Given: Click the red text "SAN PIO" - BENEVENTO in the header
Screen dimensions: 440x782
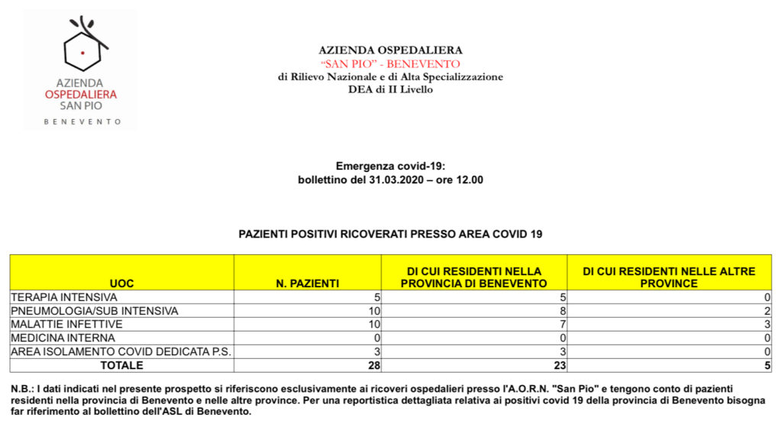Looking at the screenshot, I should point(390,63).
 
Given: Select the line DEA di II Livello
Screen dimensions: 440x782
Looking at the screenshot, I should point(390,89).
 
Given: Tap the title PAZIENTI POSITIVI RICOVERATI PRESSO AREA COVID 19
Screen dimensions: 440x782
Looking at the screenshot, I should point(390,234).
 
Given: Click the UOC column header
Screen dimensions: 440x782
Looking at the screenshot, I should point(121,283).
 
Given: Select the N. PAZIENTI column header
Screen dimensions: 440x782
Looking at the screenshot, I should point(307,283).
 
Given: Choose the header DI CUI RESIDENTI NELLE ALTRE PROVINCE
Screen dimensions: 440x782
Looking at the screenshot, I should point(669,277).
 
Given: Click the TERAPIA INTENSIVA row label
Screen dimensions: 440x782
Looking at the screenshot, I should point(64,297).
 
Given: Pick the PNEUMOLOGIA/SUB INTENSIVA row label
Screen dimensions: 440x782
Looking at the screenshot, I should point(94,311).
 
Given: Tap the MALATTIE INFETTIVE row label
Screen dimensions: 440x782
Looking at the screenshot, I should point(66,325).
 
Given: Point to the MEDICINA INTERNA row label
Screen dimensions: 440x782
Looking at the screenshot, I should point(63,338).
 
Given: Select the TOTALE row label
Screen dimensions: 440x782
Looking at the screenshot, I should point(121,365).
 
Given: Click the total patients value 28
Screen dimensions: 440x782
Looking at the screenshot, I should point(374,365).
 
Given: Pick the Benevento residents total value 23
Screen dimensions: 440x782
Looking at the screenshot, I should point(560,365).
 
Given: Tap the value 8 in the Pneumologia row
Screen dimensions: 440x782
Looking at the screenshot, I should point(563,311).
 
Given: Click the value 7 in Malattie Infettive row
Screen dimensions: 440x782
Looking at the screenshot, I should point(563,325).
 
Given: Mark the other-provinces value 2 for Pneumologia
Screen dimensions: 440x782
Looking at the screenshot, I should point(767,311).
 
